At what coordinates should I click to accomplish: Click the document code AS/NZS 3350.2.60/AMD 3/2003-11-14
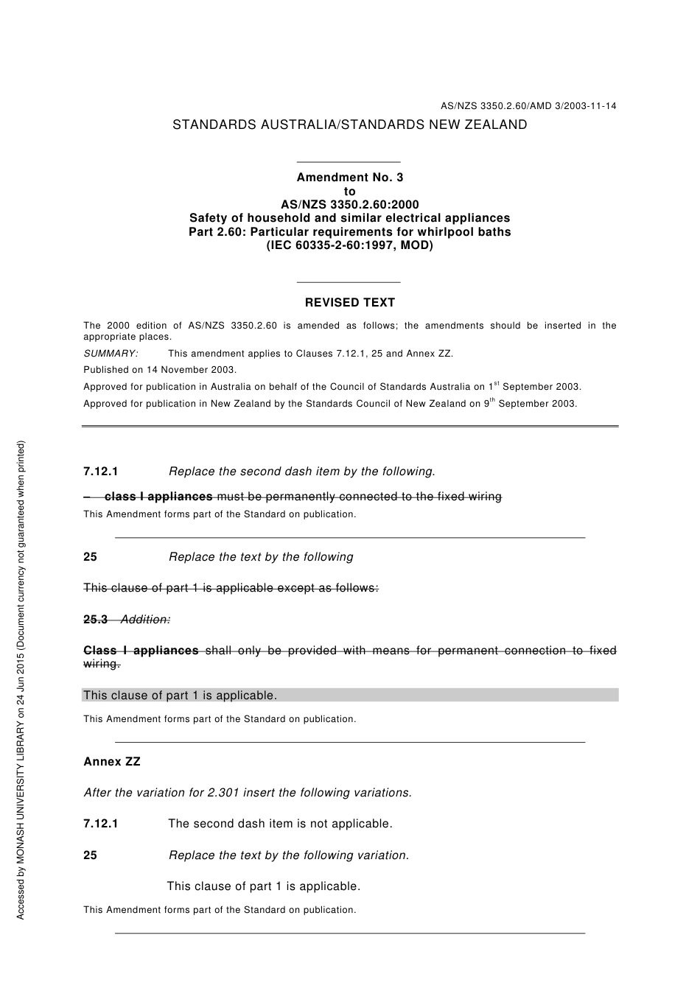pyautogui.click(x=528, y=106)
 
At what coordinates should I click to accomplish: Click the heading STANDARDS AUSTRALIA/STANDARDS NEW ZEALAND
pyautogui.click(x=349, y=125)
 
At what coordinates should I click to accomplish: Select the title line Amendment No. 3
pyautogui.click(x=349, y=178)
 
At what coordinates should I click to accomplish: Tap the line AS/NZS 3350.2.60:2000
pyautogui.click(x=349, y=205)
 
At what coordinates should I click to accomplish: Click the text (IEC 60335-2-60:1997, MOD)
pyautogui.click(x=349, y=245)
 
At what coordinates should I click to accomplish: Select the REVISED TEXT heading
pyautogui.click(x=349, y=303)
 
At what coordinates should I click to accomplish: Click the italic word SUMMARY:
pyautogui.click(x=111, y=354)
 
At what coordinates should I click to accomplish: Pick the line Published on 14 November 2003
pyautogui.click(x=160, y=370)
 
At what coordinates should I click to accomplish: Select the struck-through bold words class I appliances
pyautogui.click(x=158, y=497)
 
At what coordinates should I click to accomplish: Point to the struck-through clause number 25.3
pyautogui.click(x=96, y=620)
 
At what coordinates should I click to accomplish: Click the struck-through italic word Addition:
pyautogui.click(x=145, y=620)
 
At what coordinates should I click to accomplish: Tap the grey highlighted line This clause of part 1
pyautogui.click(x=180, y=696)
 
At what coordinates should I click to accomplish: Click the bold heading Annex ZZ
pyautogui.click(x=112, y=762)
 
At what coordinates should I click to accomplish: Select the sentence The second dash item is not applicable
pyautogui.click(x=280, y=824)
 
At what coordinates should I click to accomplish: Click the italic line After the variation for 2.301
pyautogui.click(x=248, y=793)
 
